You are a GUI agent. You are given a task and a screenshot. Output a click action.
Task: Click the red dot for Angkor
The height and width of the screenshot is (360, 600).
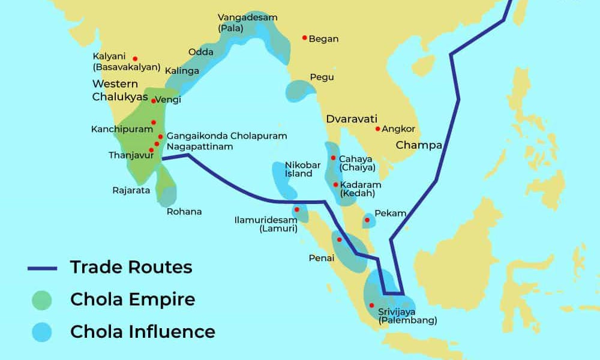377,128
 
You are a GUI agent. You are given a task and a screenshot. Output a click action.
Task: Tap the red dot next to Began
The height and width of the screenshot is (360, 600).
305,38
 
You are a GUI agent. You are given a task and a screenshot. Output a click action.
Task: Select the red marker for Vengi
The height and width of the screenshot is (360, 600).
154,101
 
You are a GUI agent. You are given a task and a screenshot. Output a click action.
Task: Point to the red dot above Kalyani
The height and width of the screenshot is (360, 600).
136,58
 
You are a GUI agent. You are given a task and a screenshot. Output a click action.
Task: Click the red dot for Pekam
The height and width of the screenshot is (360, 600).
367,220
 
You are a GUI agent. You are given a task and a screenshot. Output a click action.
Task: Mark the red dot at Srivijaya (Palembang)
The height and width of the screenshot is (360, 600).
371,305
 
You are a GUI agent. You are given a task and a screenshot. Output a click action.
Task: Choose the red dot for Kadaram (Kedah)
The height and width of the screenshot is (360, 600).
335,184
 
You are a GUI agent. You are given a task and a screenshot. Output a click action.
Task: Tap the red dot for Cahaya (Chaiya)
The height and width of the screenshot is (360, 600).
334,158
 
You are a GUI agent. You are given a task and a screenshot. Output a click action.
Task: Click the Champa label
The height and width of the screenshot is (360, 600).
418,145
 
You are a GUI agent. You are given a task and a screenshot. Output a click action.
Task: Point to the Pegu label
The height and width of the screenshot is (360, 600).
322,77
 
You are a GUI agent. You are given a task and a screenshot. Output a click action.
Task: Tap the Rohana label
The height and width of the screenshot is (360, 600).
184,211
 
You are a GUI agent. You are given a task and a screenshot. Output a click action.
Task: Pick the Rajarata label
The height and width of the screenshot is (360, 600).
131,191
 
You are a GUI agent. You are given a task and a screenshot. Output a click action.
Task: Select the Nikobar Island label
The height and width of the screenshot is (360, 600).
299,169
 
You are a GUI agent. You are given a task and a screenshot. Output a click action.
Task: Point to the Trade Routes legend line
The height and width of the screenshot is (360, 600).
42,268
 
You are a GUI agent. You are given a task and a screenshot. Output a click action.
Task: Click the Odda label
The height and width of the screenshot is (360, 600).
201,52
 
